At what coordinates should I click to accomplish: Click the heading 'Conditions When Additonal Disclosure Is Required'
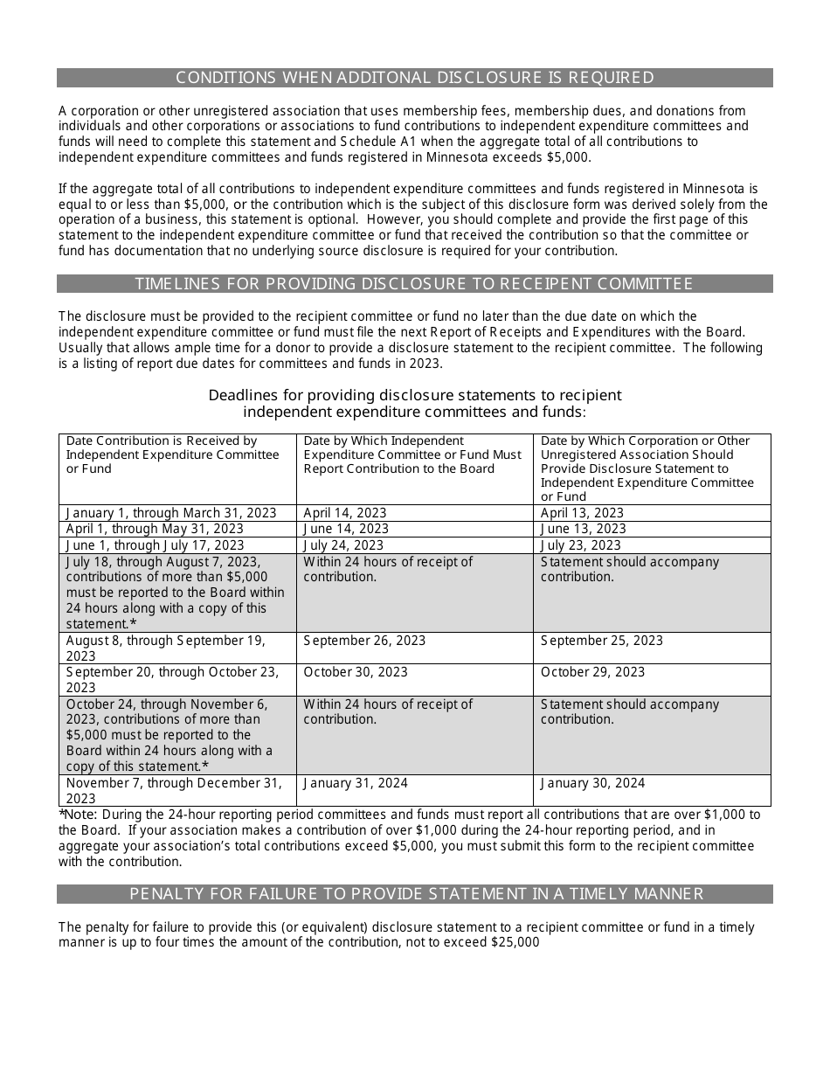415,78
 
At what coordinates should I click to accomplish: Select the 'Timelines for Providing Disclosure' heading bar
415,284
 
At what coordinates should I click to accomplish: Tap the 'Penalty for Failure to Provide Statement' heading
415,894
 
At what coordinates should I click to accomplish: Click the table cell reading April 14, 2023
345,513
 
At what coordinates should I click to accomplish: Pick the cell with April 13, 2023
582,513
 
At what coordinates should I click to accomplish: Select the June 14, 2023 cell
346,529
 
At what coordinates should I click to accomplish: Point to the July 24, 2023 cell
343,545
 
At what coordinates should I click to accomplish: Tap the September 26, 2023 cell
364,641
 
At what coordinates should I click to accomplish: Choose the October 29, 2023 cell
592,672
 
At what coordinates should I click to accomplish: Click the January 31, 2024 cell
356,783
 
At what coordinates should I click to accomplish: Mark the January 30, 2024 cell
592,783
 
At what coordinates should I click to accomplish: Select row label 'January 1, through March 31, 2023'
171,513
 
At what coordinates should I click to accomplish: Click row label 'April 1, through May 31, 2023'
155,529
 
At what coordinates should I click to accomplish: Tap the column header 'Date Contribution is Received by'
162,441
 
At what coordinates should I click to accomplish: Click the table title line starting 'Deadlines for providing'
415,395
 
